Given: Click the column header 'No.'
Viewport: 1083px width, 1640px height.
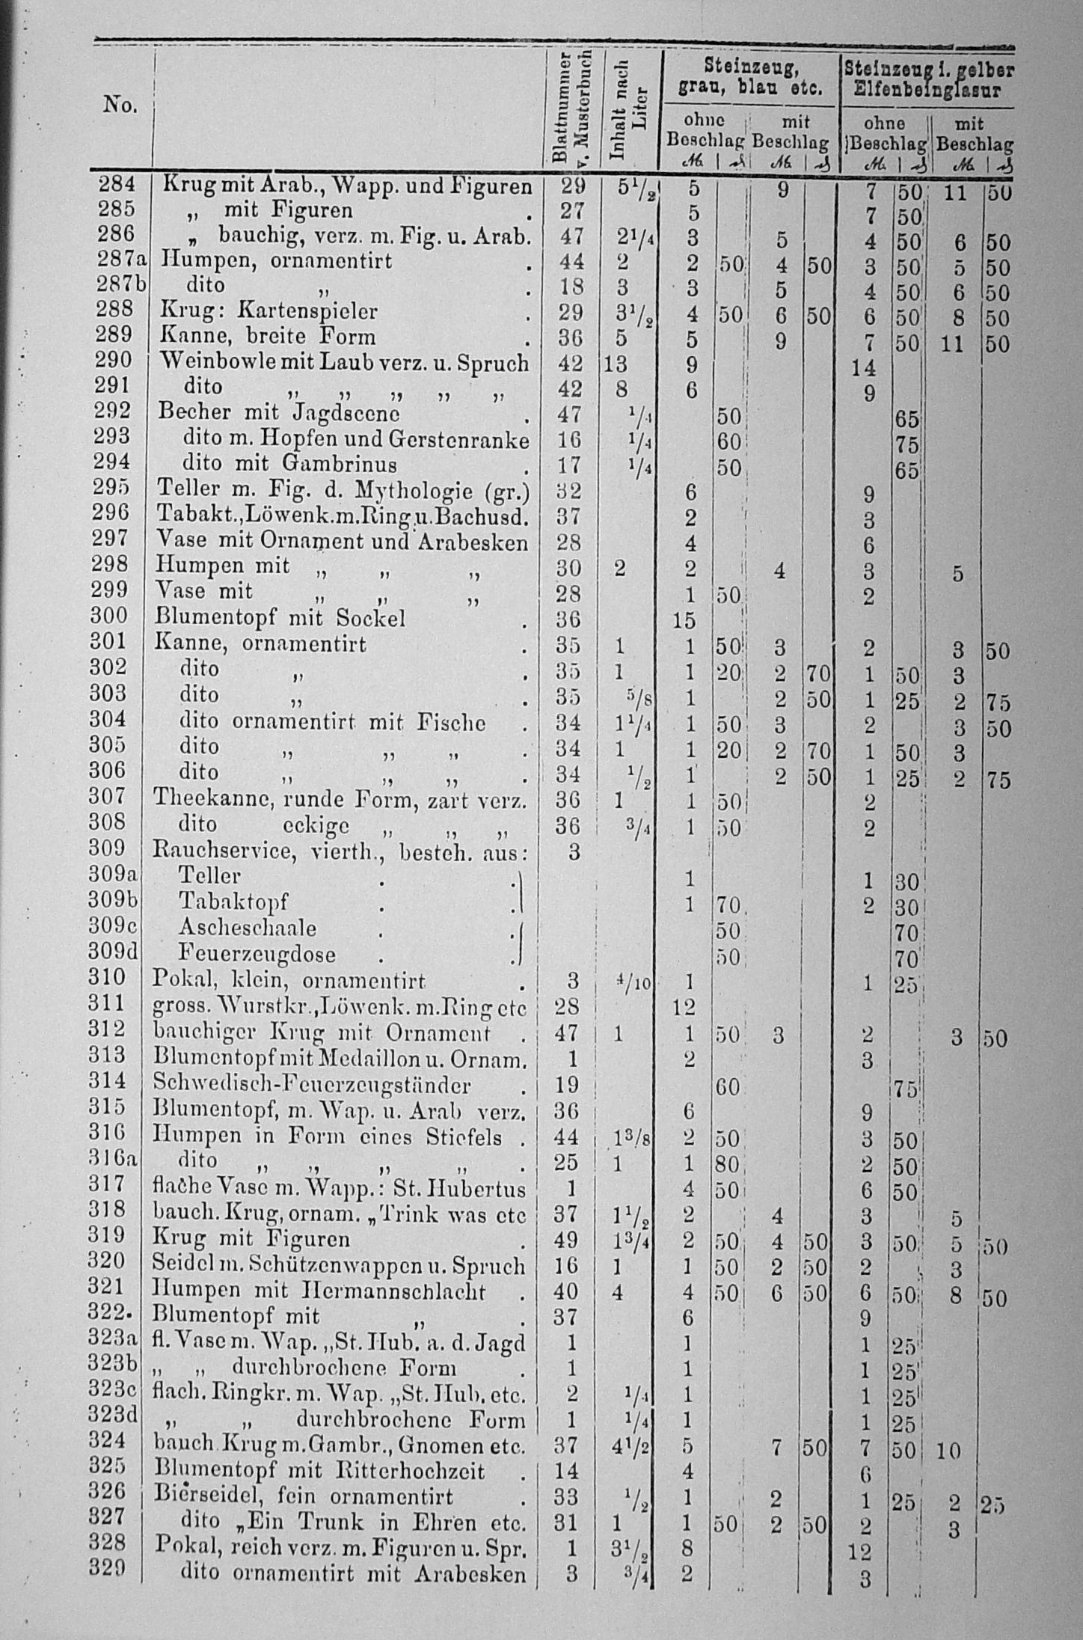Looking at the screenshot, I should [120, 105].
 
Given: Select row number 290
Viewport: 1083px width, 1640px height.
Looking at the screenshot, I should [114, 361].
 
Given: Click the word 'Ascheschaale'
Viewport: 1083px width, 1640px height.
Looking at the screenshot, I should [248, 928].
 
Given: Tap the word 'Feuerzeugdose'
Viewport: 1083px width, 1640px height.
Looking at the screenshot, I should [257, 954].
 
